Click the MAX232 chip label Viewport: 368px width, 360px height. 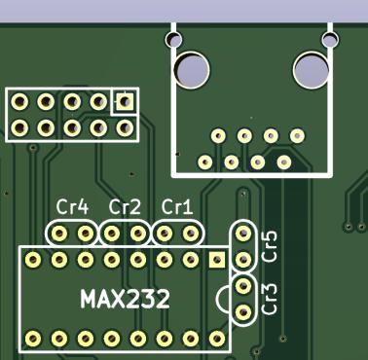pyautogui.click(x=125, y=299)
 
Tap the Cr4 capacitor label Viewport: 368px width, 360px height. pyautogui.click(x=72, y=207)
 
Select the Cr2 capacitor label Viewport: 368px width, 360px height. pyautogui.click(x=125, y=207)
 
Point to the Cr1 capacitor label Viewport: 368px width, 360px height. pyautogui.click(x=177, y=207)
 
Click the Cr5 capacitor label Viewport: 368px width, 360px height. pyautogui.click(x=270, y=246)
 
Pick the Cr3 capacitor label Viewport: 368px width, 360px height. pyautogui.click(x=270, y=299)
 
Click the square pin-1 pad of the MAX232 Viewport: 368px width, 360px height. pyautogui.click(x=217, y=260)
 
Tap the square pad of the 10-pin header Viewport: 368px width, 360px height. pyautogui.click(x=125, y=101)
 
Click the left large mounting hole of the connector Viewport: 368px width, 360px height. pyautogui.click(x=192, y=70)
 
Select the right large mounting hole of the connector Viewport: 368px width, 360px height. pyautogui.click(x=312, y=70)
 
